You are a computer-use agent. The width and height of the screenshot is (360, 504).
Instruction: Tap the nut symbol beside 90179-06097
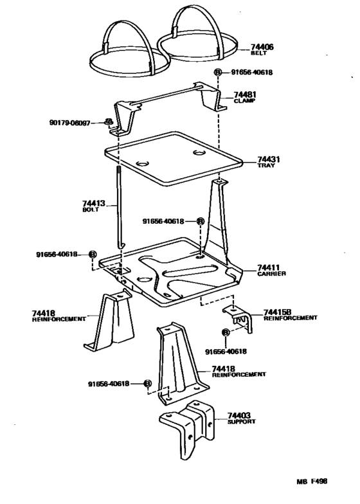(x=109, y=122)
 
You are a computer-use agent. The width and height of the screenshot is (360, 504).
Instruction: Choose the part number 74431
(x=269, y=159)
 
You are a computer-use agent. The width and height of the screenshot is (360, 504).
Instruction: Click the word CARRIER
(x=271, y=273)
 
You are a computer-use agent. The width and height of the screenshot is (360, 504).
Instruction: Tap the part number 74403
(x=239, y=415)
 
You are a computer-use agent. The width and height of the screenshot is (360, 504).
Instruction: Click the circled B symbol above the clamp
(x=218, y=73)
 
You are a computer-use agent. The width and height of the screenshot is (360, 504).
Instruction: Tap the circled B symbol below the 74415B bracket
(x=225, y=332)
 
